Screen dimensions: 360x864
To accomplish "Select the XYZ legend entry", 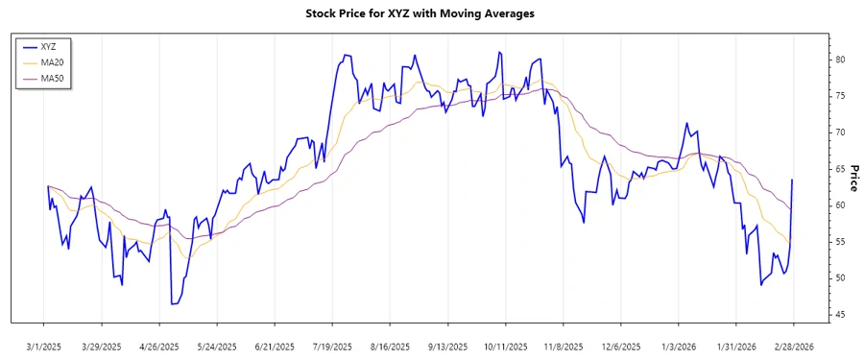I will pyautogui.click(x=48, y=46).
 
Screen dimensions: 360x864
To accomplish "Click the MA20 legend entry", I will pyautogui.click(x=52, y=61).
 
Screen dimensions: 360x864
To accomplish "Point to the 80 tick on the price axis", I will pyautogui.click(x=839, y=60).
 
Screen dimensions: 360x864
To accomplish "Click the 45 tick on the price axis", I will pyautogui.click(x=839, y=315).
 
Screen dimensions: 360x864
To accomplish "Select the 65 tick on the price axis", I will pyautogui.click(x=839, y=169).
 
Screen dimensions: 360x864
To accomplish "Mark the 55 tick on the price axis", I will pyautogui.click(x=839, y=242).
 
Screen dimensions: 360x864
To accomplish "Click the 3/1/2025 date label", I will pyautogui.click(x=43, y=346).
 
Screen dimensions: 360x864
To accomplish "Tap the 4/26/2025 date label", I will pyautogui.click(x=159, y=346).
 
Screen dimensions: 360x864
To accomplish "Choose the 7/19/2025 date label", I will pyautogui.click(x=332, y=346).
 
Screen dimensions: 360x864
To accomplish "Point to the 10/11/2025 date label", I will pyautogui.click(x=505, y=346).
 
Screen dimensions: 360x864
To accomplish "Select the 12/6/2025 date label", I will pyautogui.click(x=620, y=346).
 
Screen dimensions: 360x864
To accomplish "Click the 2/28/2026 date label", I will pyautogui.click(x=793, y=346).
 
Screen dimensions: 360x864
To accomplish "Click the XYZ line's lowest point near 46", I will pyautogui.click(x=173, y=303).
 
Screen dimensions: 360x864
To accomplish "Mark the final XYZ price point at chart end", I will pyautogui.click(x=793, y=180).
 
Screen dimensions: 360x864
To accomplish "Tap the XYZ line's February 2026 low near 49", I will pyautogui.click(x=761, y=284).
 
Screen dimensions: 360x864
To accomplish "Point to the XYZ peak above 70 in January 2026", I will pyautogui.click(x=686, y=123).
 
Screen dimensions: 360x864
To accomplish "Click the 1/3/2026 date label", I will pyautogui.click(x=678, y=346).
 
